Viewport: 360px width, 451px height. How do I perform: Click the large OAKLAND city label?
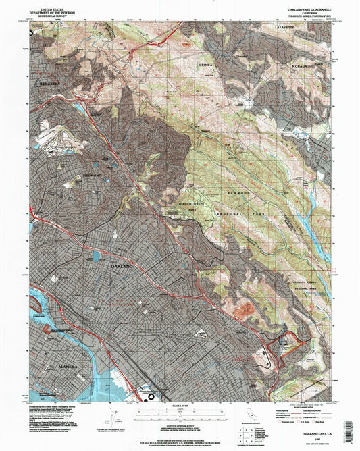[x=126, y=267]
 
